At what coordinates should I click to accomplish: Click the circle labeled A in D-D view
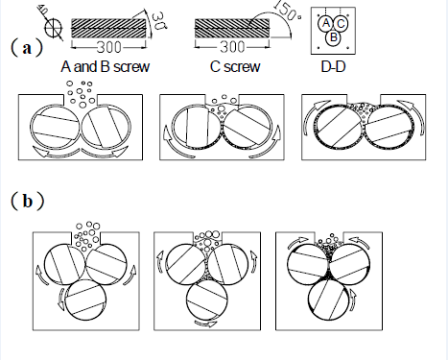pyautogui.click(x=325, y=23)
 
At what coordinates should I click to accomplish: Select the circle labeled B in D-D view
pyautogui.click(x=333, y=37)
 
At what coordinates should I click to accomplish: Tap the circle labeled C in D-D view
pyautogui.click(x=341, y=24)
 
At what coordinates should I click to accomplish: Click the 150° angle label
pyautogui.click(x=288, y=12)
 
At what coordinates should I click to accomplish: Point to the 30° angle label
pyautogui.click(x=158, y=21)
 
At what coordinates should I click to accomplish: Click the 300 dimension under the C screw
pyautogui.click(x=232, y=47)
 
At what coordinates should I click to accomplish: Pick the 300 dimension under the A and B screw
pyautogui.click(x=108, y=47)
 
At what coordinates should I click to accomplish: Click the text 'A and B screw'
pyautogui.click(x=106, y=66)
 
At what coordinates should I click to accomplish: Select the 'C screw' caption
pyautogui.click(x=235, y=66)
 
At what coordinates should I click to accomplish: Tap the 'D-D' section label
pyautogui.click(x=333, y=66)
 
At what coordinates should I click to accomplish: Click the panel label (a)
pyautogui.click(x=27, y=48)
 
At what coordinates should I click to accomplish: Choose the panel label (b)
pyautogui.click(x=28, y=202)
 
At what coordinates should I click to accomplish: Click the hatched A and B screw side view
pyautogui.click(x=108, y=29)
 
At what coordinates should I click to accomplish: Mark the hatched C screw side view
pyautogui.click(x=232, y=28)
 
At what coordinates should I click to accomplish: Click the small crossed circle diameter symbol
pyautogui.click(x=54, y=28)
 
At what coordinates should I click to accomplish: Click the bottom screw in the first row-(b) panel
pyautogui.click(x=85, y=300)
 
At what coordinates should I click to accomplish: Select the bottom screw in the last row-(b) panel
pyautogui.click(x=329, y=300)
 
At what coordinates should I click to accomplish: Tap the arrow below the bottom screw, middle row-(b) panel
pyautogui.click(x=206, y=324)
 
